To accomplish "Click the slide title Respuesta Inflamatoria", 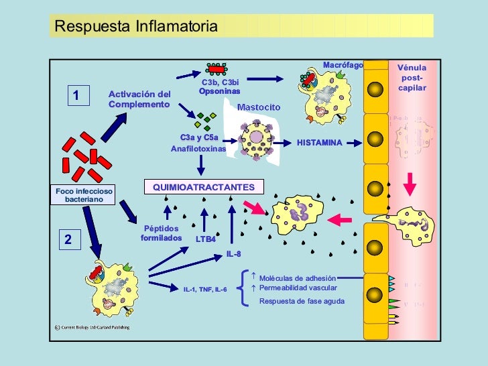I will point(136,27).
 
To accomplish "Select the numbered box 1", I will point(76,97).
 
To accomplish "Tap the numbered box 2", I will point(68,239).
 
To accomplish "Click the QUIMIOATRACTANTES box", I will point(204,186).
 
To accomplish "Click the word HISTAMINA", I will point(319,143).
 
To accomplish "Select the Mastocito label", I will point(259,107).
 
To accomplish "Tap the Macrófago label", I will point(343,65).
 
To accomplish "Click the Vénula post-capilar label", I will point(412,78).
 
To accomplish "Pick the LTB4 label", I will point(206,239).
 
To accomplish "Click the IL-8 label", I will point(233,254).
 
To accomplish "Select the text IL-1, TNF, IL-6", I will point(205,290).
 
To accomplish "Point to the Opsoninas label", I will point(219,90).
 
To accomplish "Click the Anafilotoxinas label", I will point(198,149).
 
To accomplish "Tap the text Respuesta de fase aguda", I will point(302,301).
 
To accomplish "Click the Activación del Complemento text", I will point(139,99).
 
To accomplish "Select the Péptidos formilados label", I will point(161,233).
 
